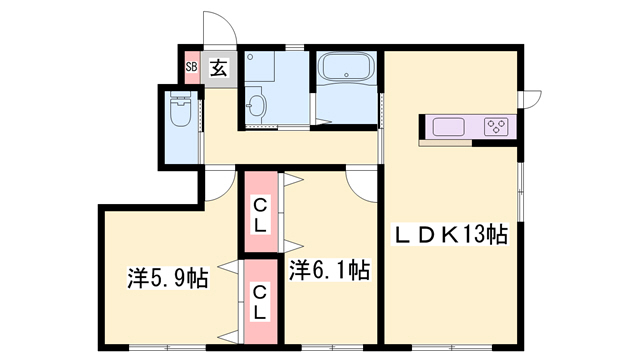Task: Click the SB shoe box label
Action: click(x=191, y=66)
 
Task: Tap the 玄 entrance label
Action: click(x=218, y=68)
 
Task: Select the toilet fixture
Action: click(x=181, y=109)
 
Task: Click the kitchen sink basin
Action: click(x=449, y=127)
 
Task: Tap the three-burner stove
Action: click(x=496, y=127)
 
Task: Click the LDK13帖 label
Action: click(x=450, y=234)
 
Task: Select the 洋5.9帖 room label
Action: click(x=168, y=278)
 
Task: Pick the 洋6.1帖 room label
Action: click(x=330, y=270)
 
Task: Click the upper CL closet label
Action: click(x=260, y=215)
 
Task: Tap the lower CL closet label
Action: click(x=260, y=302)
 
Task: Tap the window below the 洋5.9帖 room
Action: click(x=167, y=348)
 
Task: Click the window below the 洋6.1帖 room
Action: click(x=333, y=348)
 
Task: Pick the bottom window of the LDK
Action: click(x=452, y=348)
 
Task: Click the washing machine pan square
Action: click(x=260, y=66)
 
